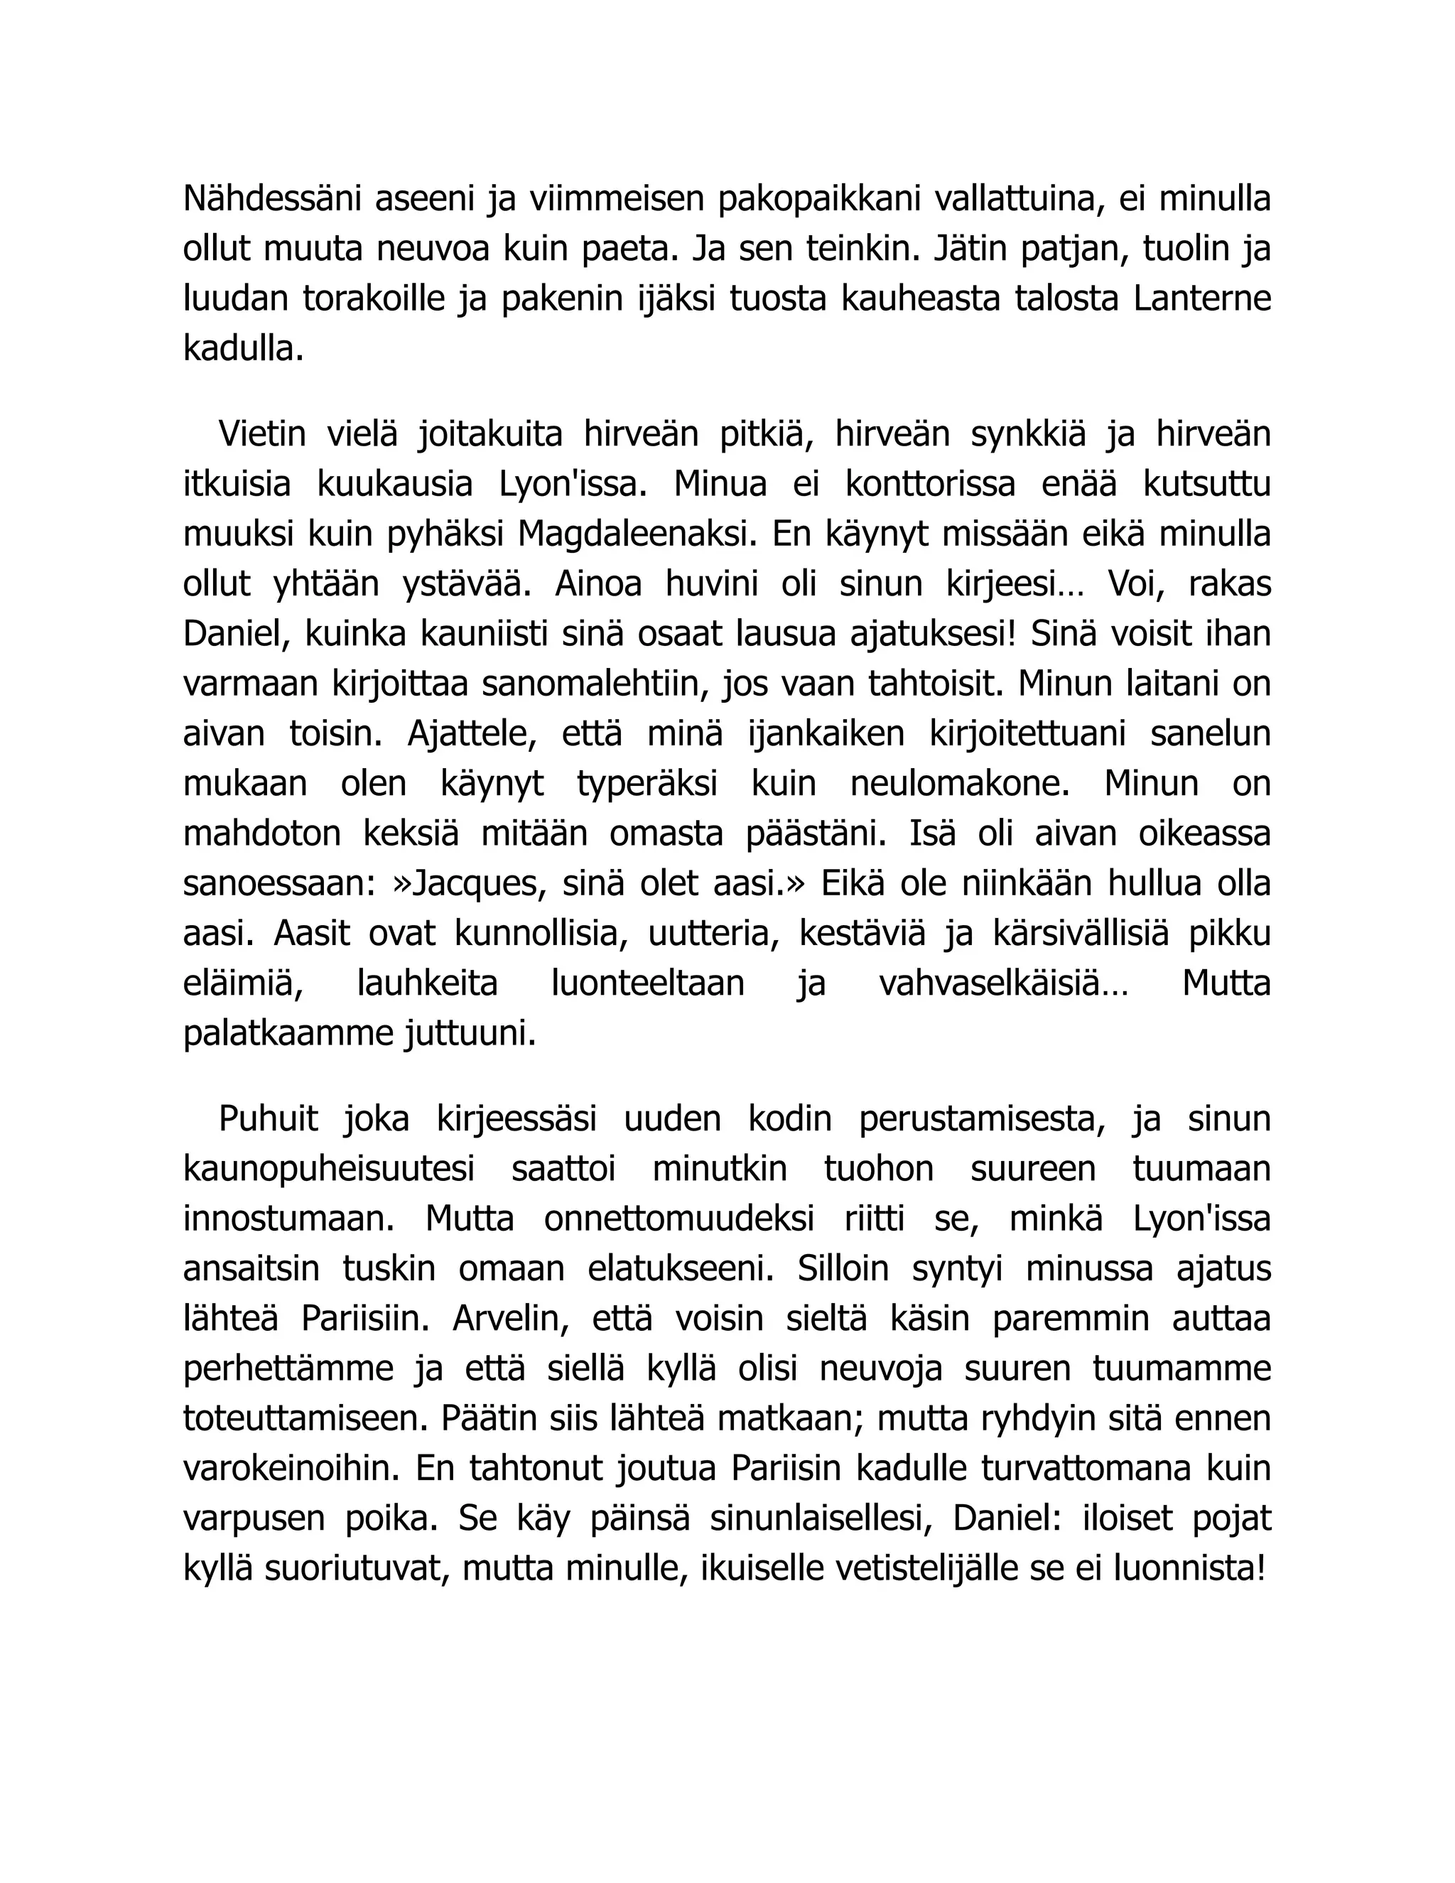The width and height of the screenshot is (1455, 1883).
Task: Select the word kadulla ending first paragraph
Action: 243,349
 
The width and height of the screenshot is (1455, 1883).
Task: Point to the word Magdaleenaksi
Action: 637,534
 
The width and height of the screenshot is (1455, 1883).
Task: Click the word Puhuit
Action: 268,1119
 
